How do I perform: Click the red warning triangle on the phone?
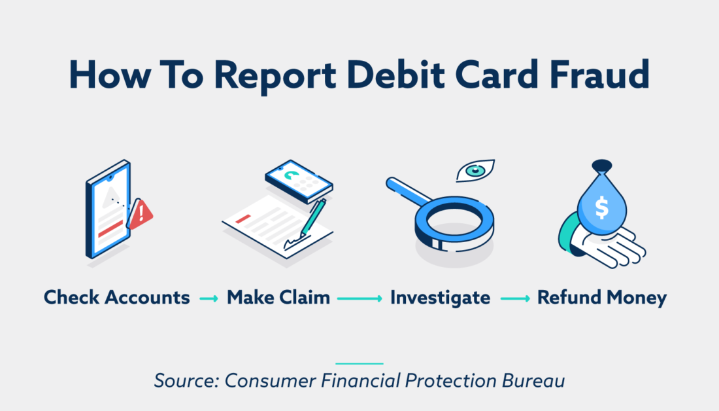(x=141, y=214)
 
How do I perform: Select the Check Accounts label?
(x=117, y=298)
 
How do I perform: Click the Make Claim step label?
(x=278, y=298)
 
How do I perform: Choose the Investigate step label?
(x=440, y=298)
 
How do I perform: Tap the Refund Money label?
(x=601, y=298)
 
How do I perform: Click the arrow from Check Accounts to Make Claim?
(x=209, y=298)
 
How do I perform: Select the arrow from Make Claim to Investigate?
(x=360, y=298)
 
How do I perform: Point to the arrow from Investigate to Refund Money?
(x=514, y=298)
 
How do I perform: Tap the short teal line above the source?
(x=359, y=363)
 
